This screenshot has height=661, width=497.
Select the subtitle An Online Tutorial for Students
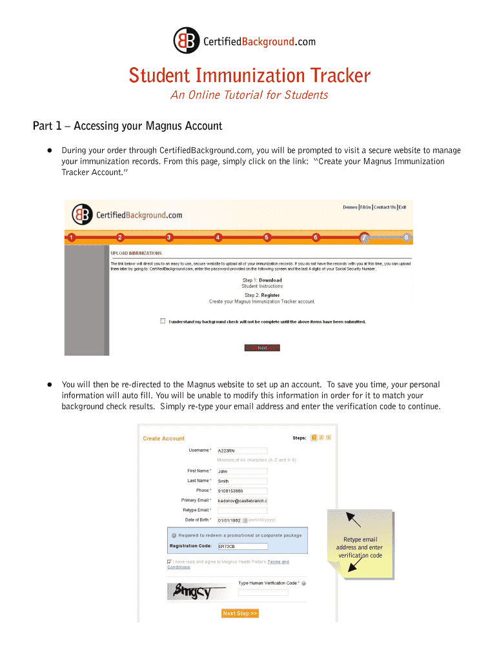[249, 96]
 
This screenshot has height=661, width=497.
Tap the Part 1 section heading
[127, 126]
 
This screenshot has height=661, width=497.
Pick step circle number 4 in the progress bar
[218, 238]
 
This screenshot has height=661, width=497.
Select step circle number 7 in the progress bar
[365, 237]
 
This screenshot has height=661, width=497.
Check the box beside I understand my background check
[163, 321]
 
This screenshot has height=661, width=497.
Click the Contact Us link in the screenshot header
[385, 207]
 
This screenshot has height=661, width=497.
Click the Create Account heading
[163, 438]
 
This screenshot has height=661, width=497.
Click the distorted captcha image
[198, 591]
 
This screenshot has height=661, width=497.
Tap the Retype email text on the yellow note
[360, 540]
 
